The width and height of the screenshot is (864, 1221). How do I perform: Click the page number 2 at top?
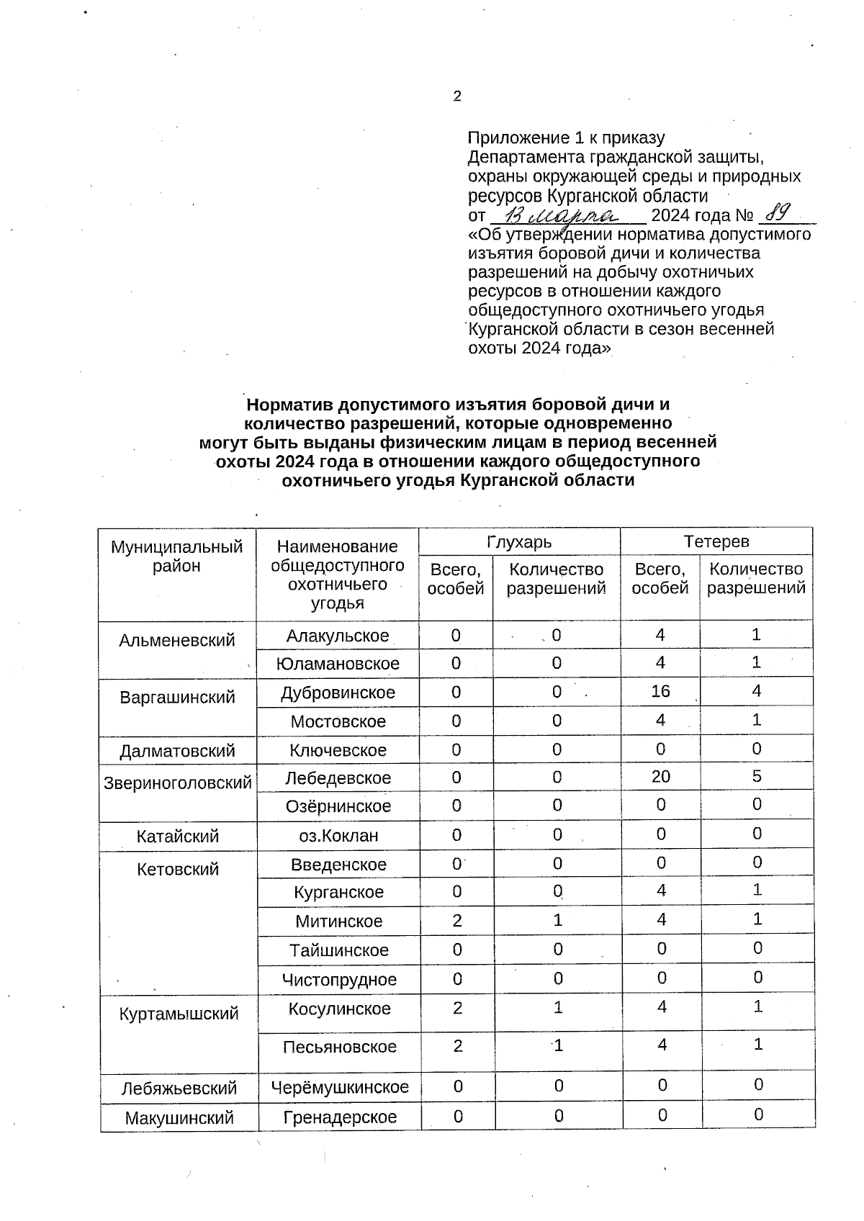point(457,96)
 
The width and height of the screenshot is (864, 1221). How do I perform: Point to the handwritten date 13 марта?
point(566,214)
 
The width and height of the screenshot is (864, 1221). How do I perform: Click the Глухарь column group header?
point(519,541)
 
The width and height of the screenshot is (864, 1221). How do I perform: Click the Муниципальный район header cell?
point(177,557)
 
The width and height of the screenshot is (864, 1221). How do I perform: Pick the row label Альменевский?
point(177,640)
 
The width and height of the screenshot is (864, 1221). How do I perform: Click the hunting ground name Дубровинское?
point(338,693)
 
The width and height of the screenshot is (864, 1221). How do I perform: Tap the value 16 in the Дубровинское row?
point(660,692)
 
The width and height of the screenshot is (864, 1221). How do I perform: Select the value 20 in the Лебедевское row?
point(660,777)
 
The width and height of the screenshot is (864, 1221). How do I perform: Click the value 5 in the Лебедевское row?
point(757,776)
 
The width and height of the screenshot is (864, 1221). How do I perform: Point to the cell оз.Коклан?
point(338,836)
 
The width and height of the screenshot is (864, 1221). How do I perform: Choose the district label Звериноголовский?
point(178,783)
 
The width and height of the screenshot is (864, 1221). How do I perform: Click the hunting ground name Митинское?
point(338,921)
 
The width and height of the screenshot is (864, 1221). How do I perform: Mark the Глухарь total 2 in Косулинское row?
point(457,1008)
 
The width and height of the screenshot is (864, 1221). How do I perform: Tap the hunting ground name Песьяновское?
point(339,1047)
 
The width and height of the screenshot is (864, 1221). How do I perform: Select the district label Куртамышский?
point(178,1014)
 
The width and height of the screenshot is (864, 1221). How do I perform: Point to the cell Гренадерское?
point(339,1117)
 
